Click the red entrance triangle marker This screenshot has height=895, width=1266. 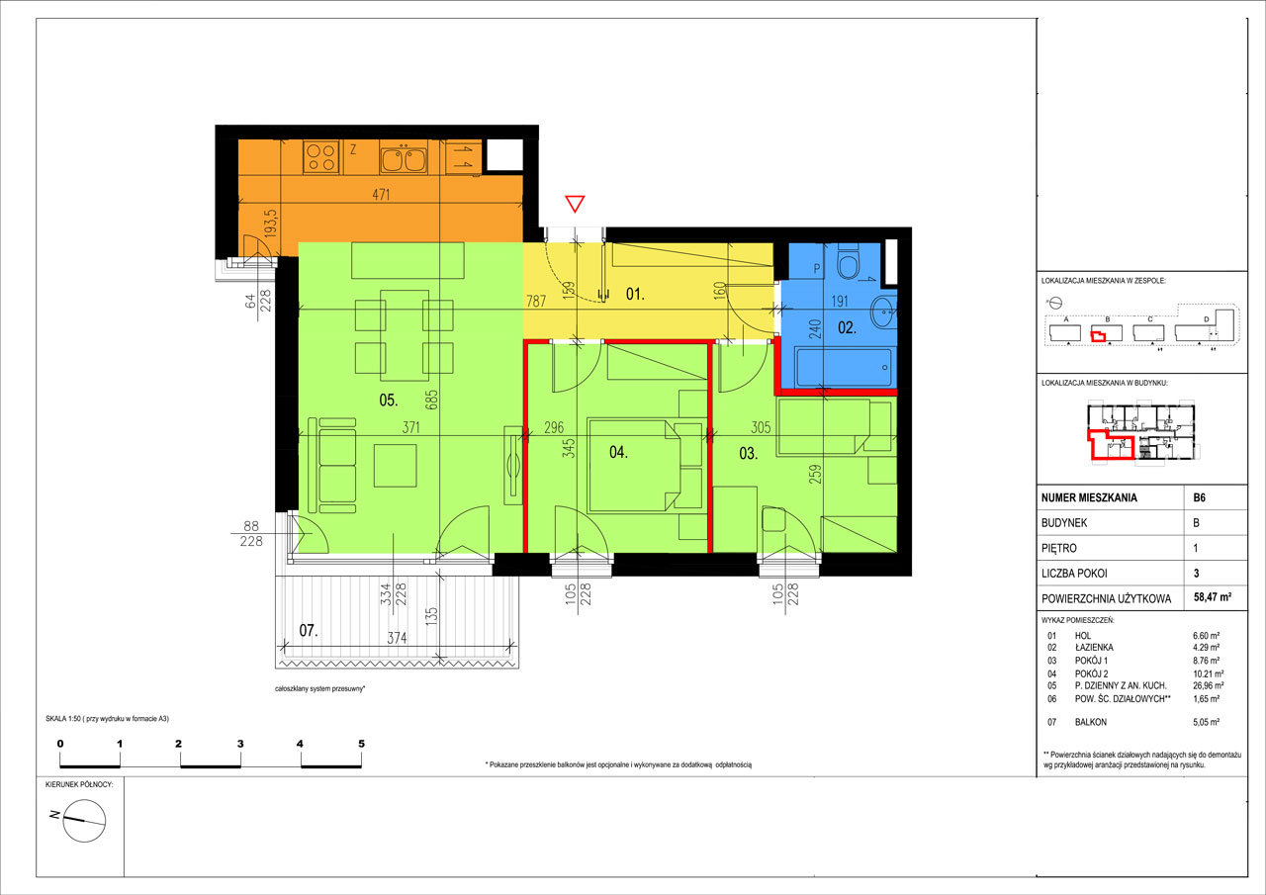575,204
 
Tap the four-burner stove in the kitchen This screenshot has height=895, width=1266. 321,157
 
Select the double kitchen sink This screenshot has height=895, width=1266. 404,159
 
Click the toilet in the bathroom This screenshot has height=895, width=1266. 848,262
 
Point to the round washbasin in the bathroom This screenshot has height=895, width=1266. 883,312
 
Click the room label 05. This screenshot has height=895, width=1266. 389,401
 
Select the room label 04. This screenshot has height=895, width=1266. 618,452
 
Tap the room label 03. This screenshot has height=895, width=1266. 749,453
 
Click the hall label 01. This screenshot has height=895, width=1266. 635,294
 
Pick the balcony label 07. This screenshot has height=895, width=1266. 308,630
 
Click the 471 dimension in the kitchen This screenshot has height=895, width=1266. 381,195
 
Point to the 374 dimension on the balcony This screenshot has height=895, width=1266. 397,638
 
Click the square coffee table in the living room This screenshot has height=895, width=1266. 395,466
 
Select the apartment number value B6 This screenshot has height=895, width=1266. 1199,497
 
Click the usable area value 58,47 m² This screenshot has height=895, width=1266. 1213,596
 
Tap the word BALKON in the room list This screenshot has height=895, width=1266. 1091,722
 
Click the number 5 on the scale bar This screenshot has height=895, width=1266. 361,744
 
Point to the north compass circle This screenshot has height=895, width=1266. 84,821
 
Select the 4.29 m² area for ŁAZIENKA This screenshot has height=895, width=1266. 1206,648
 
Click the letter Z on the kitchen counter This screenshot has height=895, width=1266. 353,149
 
